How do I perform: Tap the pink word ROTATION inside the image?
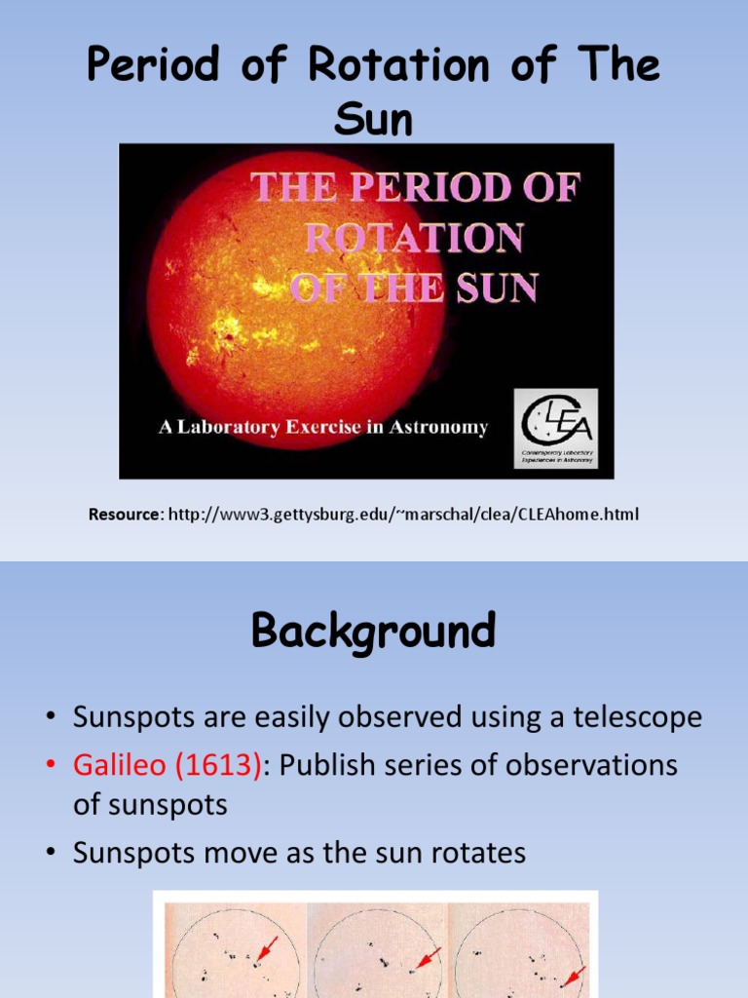pyautogui.click(x=415, y=238)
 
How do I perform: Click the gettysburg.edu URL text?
pyautogui.click(x=403, y=514)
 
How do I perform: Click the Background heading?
pyautogui.click(x=374, y=632)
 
